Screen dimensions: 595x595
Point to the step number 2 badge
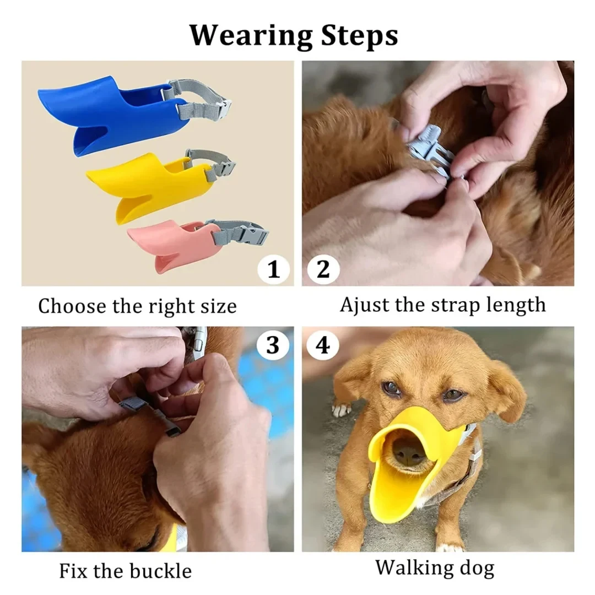323,269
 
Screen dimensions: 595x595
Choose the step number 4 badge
323,345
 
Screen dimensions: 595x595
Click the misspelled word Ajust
363,304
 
